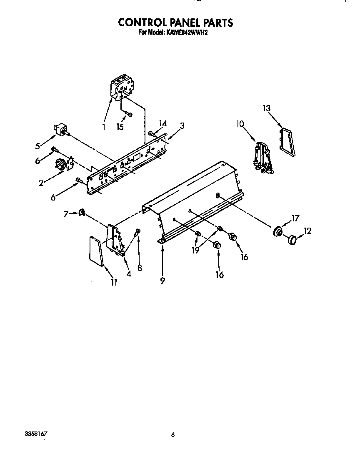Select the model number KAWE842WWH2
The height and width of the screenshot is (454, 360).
[186, 33]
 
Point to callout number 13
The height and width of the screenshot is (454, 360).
[267, 108]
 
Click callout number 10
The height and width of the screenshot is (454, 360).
[240, 124]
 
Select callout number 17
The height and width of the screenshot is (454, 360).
[295, 218]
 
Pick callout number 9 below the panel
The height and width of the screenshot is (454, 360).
[162, 280]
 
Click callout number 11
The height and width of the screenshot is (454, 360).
[114, 282]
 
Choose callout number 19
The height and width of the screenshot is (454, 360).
[196, 250]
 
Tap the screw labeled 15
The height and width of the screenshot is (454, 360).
[129, 114]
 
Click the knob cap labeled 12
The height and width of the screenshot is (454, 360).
[292, 240]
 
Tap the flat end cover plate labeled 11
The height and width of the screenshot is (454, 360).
[96, 251]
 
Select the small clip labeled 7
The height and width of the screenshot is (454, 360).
[82, 213]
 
